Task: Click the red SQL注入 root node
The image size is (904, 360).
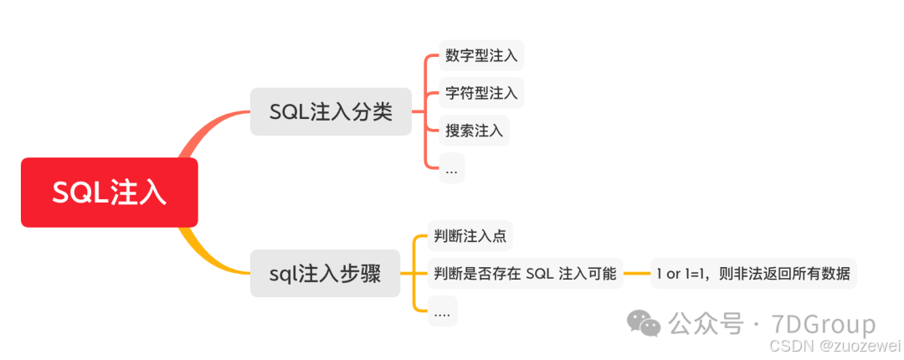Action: click(x=109, y=193)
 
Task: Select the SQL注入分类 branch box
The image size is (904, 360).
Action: click(x=331, y=112)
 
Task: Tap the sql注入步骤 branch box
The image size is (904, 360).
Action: click(x=326, y=273)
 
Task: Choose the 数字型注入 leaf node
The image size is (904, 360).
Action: click(x=481, y=56)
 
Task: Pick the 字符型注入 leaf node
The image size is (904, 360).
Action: click(x=481, y=93)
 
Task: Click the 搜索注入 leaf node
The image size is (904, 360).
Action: click(x=474, y=131)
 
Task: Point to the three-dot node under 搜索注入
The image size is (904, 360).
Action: click(x=451, y=169)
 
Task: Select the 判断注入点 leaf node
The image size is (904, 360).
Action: click(x=470, y=236)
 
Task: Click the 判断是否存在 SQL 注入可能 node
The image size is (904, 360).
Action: click(x=525, y=273)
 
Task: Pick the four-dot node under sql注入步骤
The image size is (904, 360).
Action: click(x=442, y=312)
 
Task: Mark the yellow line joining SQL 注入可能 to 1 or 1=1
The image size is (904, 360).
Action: click(x=637, y=273)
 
